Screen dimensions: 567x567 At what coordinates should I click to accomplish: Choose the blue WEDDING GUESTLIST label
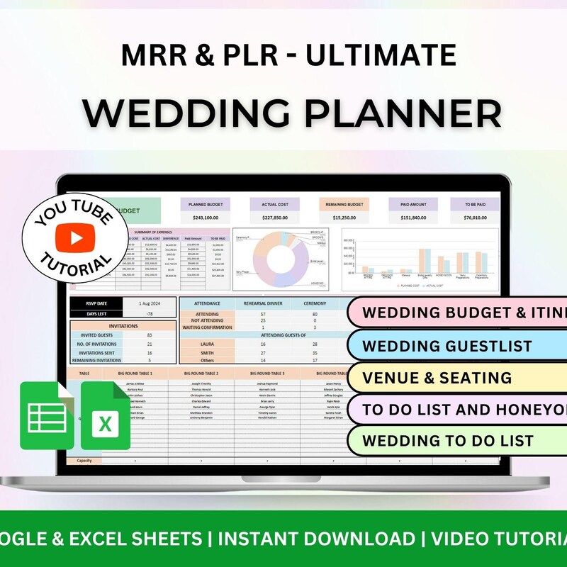[x=447, y=346]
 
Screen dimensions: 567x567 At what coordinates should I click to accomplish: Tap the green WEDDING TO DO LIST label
[x=447, y=441]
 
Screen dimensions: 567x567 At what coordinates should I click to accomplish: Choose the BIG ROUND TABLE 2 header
[x=201, y=373]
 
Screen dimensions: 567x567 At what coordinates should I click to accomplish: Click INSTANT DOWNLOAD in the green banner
[x=317, y=538]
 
